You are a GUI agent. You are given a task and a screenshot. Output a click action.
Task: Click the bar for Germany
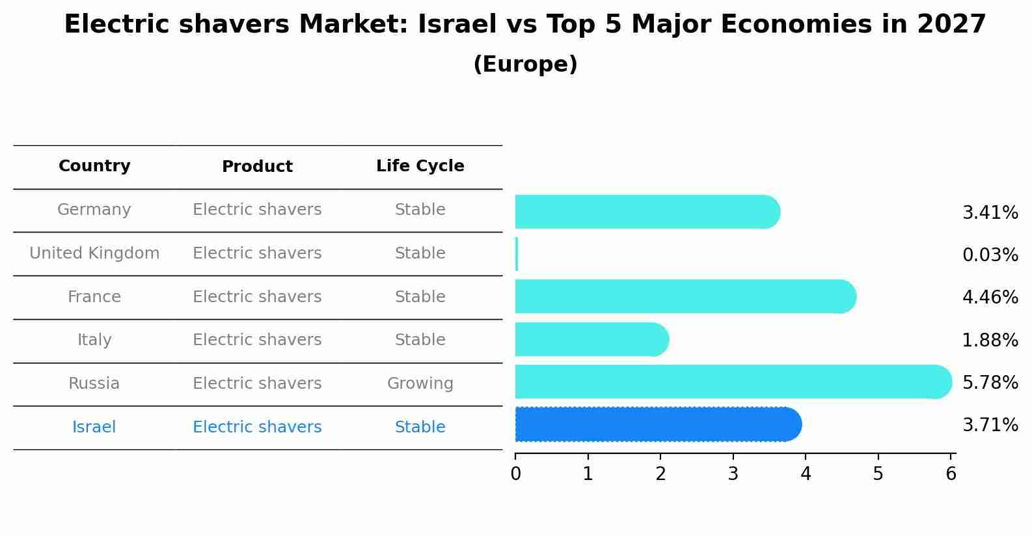click(x=647, y=212)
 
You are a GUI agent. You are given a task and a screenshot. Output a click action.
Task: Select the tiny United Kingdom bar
click(x=517, y=254)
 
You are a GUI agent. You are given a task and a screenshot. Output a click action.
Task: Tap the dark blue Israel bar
click(x=657, y=425)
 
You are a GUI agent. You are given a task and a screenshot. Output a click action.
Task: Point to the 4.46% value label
click(x=990, y=298)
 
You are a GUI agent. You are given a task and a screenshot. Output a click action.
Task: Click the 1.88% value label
click(x=990, y=340)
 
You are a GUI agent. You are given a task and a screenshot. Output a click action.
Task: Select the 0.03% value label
click(x=990, y=255)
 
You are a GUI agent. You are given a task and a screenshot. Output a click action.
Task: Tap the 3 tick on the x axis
click(x=733, y=474)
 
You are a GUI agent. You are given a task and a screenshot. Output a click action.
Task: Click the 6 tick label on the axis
click(x=951, y=474)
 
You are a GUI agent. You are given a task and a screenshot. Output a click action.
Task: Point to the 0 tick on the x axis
click(x=516, y=474)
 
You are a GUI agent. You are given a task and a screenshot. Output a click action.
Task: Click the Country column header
click(x=94, y=166)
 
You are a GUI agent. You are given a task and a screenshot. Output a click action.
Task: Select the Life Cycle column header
click(x=420, y=166)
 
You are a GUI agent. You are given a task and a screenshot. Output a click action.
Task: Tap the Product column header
click(x=257, y=167)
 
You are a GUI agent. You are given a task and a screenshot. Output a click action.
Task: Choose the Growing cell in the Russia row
click(x=420, y=384)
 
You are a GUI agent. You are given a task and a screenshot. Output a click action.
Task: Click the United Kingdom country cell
click(x=94, y=253)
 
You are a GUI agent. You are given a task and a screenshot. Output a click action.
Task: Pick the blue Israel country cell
click(x=94, y=427)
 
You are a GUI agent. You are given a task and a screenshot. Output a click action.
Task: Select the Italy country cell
click(x=94, y=340)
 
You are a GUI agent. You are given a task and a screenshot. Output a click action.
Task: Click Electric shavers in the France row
click(x=257, y=297)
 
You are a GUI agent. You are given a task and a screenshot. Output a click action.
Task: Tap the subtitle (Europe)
click(x=525, y=64)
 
